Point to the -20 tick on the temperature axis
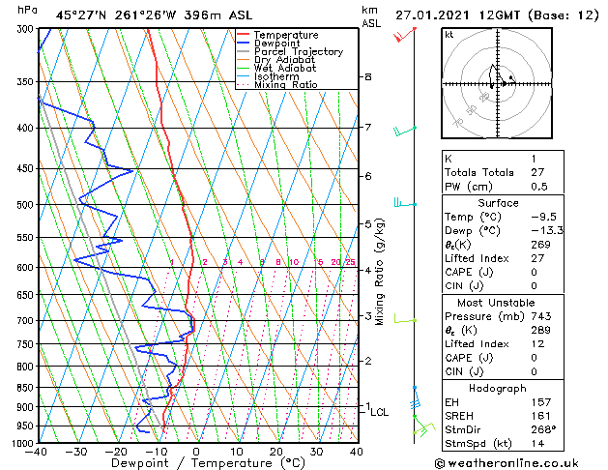[116, 452]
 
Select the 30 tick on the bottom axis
[316, 452]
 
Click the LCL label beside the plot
[380, 412]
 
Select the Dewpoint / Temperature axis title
[196, 463]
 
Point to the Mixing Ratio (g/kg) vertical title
[380, 272]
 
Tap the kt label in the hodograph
[449, 34]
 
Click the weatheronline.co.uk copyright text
[518, 462]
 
